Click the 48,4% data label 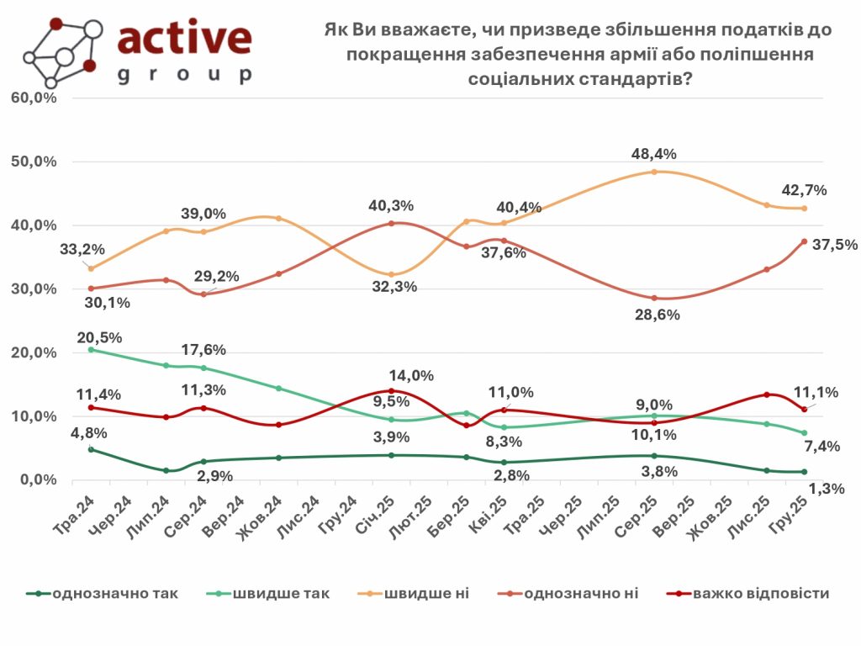click(x=653, y=154)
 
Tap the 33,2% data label click(x=82, y=249)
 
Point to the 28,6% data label click(x=657, y=315)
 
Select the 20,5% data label click(x=99, y=337)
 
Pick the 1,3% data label click(x=827, y=489)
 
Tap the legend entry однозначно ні click(x=581, y=594)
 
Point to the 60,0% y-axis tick click(x=34, y=98)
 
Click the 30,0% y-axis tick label click(x=34, y=289)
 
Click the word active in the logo click(x=185, y=37)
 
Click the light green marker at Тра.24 click(x=91, y=349)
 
